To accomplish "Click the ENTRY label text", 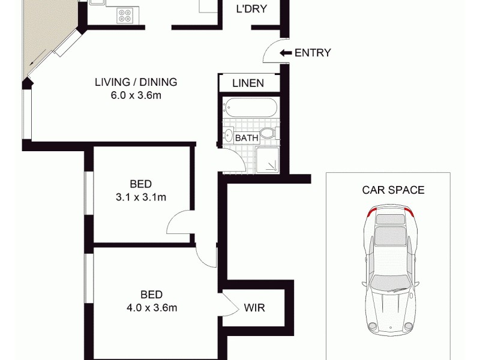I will (x=313, y=53).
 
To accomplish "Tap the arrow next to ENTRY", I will (x=286, y=53).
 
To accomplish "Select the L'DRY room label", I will (x=251, y=9).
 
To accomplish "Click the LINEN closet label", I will (x=248, y=83).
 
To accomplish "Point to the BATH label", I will (x=247, y=137).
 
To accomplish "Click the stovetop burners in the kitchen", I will (x=125, y=14).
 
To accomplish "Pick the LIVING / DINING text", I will (x=136, y=82).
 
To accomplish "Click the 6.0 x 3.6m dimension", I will (x=136, y=95).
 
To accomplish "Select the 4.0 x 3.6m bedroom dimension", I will (x=151, y=308).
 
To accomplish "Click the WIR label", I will (x=254, y=308).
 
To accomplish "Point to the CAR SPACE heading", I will (x=393, y=190).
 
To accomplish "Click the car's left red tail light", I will (x=371, y=211).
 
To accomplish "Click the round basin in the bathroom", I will (x=229, y=136).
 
